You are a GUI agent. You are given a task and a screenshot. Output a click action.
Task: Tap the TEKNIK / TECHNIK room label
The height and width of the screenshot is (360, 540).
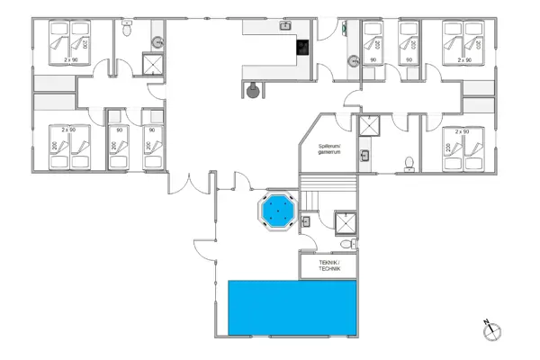pyautogui.click(x=328, y=265)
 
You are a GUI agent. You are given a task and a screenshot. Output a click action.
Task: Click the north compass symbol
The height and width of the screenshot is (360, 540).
pyautogui.click(x=491, y=330)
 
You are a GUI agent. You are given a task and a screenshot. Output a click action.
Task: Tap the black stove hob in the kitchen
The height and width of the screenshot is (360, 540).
pyautogui.click(x=303, y=48)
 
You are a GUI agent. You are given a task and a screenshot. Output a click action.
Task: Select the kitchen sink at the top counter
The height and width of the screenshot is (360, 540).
pyautogui.click(x=286, y=26)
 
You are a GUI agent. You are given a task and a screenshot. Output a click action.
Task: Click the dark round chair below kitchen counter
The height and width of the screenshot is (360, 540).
pyautogui.click(x=254, y=89)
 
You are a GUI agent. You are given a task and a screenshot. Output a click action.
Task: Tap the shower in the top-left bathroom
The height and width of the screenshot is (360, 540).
pyautogui.click(x=155, y=63)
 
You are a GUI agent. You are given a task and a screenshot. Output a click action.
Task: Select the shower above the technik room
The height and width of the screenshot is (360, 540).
pyautogui.click(x=345, y=223)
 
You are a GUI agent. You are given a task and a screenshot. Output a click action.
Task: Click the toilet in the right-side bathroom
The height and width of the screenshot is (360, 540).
pyautogui.click(x=409, y=163)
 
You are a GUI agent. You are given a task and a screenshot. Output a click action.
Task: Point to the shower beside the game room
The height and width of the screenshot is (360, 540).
pyautogui.click(x=369, y=128)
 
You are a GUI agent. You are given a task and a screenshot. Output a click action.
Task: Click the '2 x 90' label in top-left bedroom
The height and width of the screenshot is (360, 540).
pyautogui.click(x=71, y=58)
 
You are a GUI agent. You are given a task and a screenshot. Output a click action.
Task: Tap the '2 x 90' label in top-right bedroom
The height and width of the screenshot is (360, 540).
pyautogui.click(x=465, y=59)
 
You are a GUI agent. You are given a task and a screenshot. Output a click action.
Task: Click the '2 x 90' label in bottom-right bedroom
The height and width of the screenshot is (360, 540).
pyautogui.click(x=463, y=131)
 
